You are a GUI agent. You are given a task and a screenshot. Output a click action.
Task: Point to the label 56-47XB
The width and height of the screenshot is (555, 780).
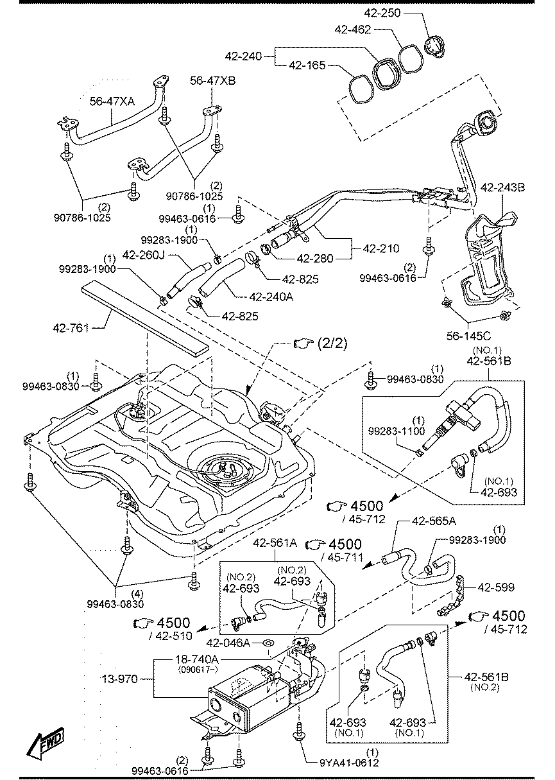(212, 81)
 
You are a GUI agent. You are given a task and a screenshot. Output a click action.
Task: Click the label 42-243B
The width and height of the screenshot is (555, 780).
(502, 187)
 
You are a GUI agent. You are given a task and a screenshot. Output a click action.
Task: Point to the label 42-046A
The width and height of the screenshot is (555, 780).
(228, 643)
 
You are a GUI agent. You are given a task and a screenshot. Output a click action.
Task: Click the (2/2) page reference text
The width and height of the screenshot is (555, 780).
(332, 343)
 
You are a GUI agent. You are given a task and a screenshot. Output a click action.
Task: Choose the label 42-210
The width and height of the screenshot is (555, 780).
(381, 248)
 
